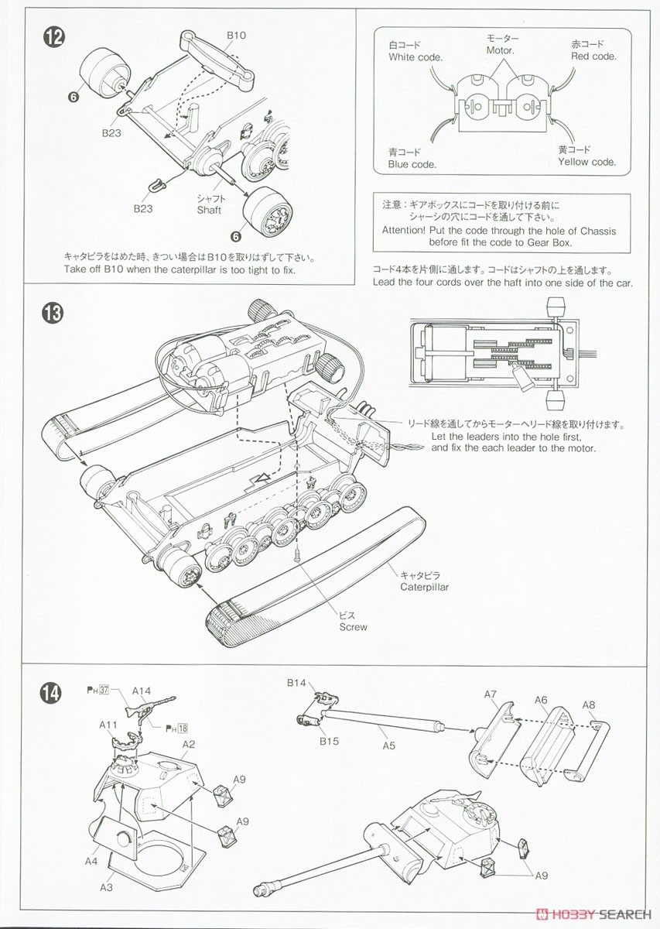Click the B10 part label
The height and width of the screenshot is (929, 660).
[236, 35]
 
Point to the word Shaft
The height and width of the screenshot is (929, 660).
[209, 210]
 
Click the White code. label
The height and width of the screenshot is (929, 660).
[415, 57]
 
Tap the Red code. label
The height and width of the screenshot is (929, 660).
[593, 57]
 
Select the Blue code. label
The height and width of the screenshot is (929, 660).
[412, 164]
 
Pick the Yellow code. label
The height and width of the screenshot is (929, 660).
[586, 162]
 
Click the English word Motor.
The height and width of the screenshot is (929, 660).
[501, 51]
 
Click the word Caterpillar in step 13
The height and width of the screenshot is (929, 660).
[424, 587]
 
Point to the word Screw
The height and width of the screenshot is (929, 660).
[353, 627]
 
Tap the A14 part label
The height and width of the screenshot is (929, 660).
[142, 691]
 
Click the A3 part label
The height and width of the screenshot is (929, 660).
[106, 887]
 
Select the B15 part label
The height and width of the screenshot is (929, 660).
[329, 741]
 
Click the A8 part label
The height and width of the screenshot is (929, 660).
[589, 704]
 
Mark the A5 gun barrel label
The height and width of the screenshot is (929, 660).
[388, 746]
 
